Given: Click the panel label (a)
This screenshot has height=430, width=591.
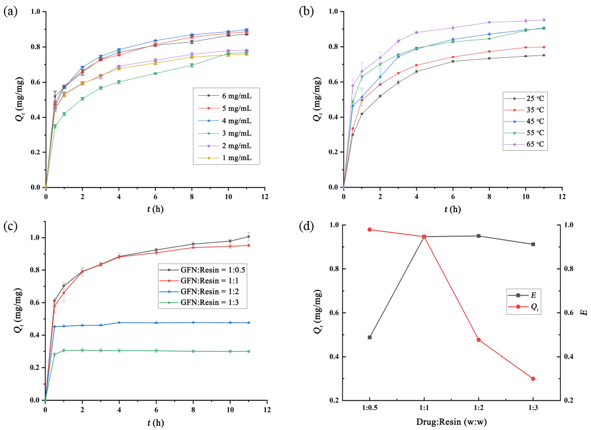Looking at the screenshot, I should [11, 12].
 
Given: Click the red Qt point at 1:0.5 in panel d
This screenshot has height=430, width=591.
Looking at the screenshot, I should [369, 230].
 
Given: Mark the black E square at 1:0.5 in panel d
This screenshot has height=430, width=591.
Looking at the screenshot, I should [369, 337].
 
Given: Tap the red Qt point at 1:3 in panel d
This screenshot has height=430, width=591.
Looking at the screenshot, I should [533, 379].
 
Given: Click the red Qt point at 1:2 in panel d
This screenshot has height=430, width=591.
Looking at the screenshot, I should [479, 339].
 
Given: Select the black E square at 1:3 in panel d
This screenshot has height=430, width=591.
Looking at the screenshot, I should [533, 244].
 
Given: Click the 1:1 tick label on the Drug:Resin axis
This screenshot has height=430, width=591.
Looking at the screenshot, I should [424, 407].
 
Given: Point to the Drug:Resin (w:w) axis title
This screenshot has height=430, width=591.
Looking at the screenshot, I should [451, 422].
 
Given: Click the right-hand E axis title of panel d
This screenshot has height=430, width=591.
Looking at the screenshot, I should [584, 313].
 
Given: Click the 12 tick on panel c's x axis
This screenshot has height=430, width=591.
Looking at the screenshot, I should [267, 407].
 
